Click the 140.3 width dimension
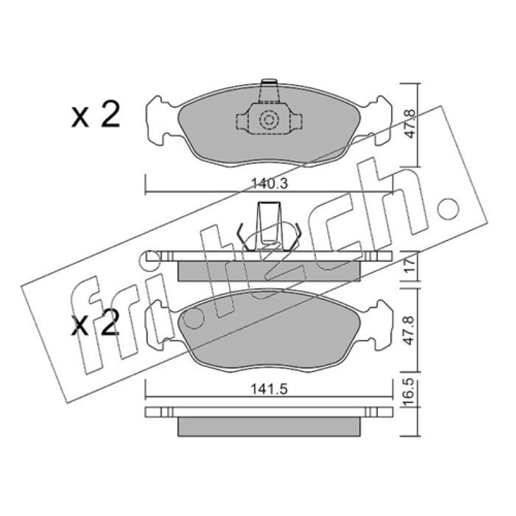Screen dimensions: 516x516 click(x=269, y=184)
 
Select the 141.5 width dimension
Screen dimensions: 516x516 click(x=269, y=390)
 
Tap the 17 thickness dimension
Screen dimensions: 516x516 click(x=410, y=266)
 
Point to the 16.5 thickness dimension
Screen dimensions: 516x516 click(x=409, y=393)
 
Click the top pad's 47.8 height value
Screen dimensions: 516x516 click(x=410, y=124)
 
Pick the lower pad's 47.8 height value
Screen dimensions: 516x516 click(x=410, y=330)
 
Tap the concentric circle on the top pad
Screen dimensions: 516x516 click(x=269, y=119)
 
